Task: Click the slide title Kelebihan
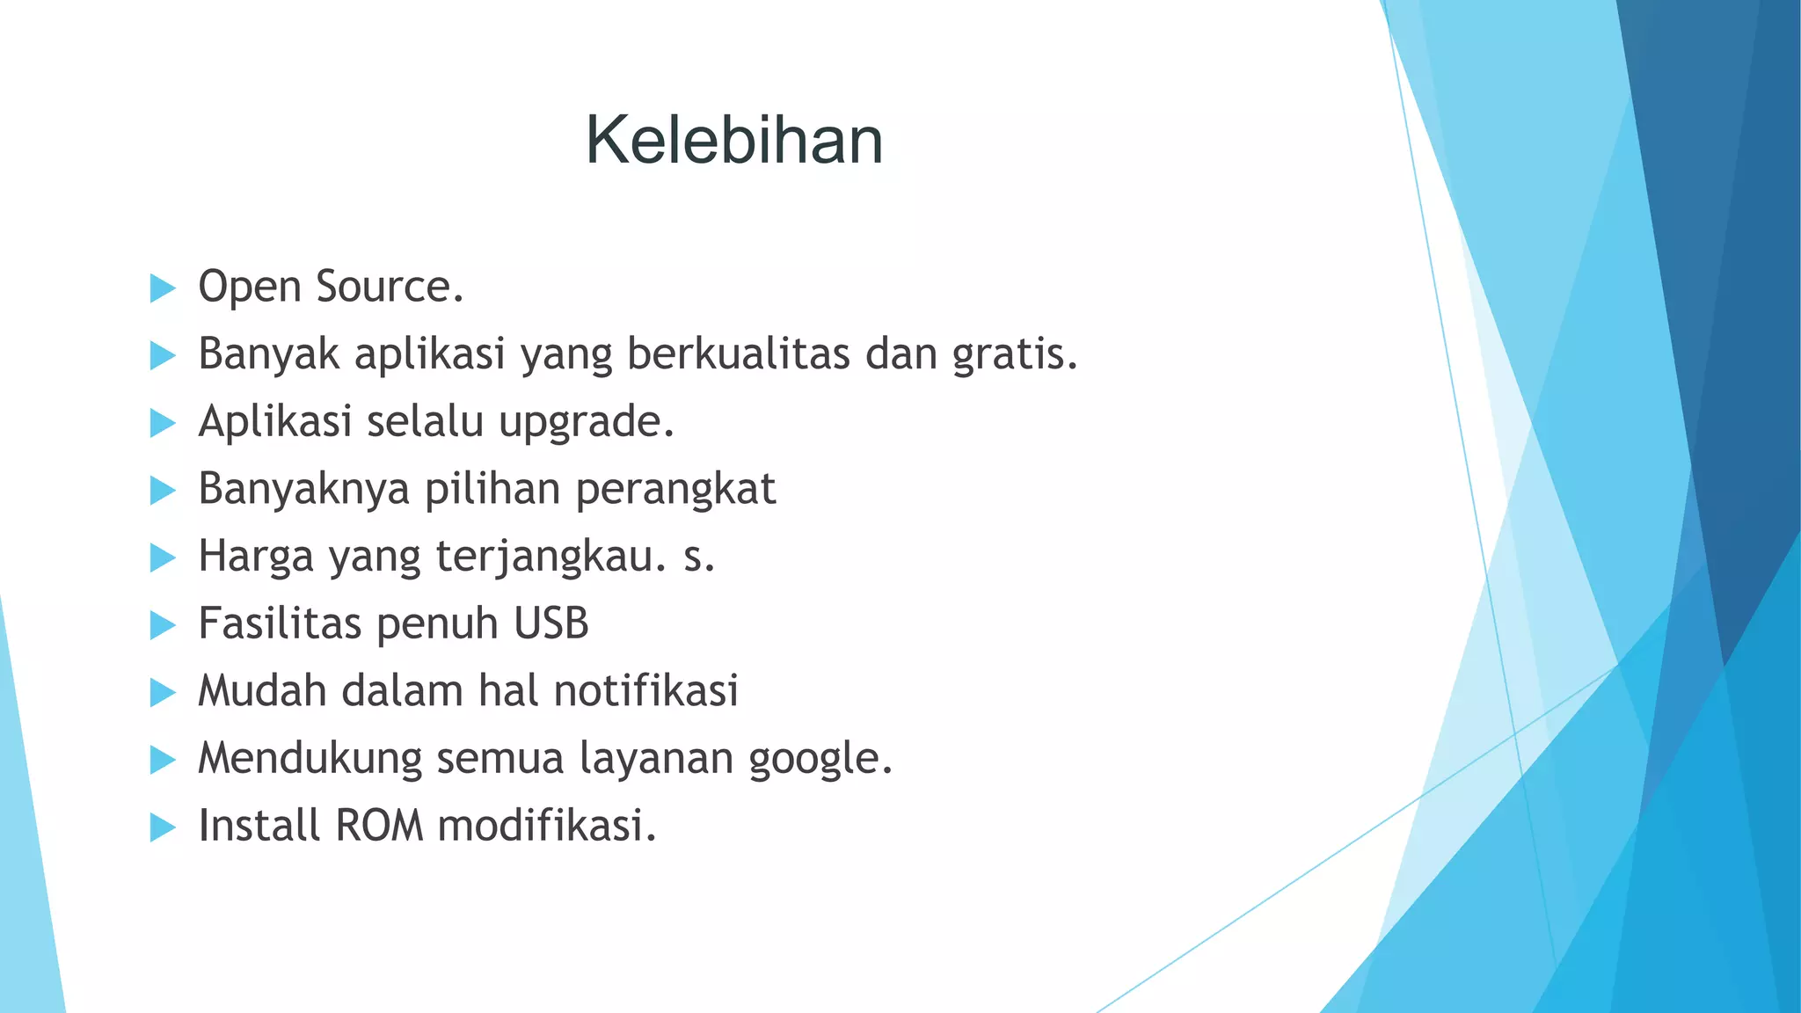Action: pyautogui.click(x=734, y=141)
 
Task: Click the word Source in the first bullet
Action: pyautogui.click(x=389, y=287)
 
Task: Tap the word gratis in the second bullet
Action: pyautogui.click(x=1014, y=355)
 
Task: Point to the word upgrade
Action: pyautogui.click(x=586, y=422)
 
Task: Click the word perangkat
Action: pyautogui.click(x=675, y=490)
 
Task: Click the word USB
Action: pyautogui.click(x=551, y=623)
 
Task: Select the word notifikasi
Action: pyautogui.click(x=646, y=691)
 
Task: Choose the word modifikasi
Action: pyautogui.click(x=546, y=826)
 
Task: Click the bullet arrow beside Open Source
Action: pyautogui.click(x=163, y=288)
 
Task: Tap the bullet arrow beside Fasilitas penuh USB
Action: pyautogui.click(x=163, y=625)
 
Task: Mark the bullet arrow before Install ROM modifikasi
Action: pyautogui.click(x=163, y=827)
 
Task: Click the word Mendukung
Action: pyautogui.click(x=310, y=759)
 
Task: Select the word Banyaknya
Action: pyautogui.click(x=303, y=490)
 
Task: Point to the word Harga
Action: pyautogui.click(x=256, y=558)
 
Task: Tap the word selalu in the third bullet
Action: pyautogui.click(x=425, y=421)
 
